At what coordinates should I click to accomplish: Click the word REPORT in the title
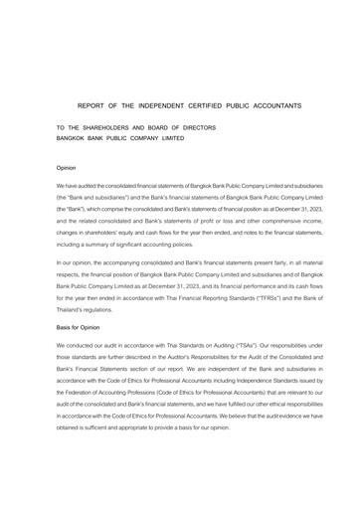[93, 104]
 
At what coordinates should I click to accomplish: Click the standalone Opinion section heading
[67, 169]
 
